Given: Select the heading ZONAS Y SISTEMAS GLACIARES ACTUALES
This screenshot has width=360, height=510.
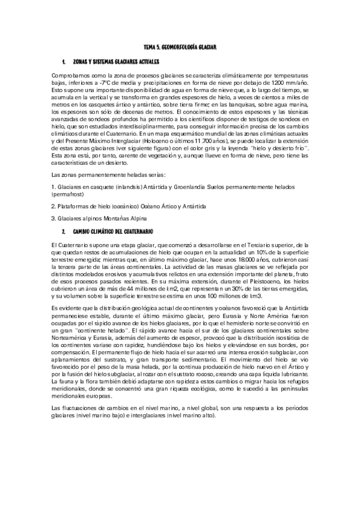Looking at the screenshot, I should click(115, 63).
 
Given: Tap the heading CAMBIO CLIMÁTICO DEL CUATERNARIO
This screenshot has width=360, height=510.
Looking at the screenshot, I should click(113, 232).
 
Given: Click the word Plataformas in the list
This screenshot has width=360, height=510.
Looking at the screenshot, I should click(75, 206).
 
